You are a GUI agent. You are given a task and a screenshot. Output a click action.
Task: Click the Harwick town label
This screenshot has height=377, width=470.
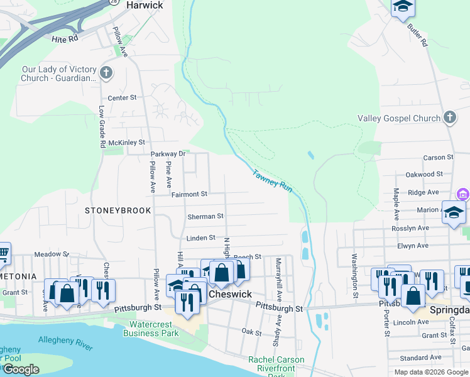pyautogui.click(x=145, y=5)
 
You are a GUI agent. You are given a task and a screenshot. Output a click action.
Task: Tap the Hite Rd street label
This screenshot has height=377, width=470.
pyautogui.click(x=65, y=39)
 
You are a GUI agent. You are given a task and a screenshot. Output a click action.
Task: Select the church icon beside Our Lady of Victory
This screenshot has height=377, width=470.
pyautogui.click(x=106, y=73)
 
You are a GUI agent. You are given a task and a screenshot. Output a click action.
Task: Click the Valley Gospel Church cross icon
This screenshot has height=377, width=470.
pyautogui.click(x=450, y=117)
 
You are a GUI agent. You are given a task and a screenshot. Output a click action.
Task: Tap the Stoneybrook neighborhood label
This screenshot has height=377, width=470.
pyautogui.click(x=118, y=210)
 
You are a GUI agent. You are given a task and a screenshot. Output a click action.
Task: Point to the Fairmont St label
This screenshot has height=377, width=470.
pyautogui.click(x=189, y=194)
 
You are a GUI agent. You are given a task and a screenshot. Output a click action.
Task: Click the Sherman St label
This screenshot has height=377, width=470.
pyautogui.click(x=205, y=216)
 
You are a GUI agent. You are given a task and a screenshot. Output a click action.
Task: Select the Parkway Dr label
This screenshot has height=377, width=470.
pyautogui.click(x=168, y=154)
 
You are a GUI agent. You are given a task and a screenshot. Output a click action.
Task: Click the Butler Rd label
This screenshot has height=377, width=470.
pyautogui.click(x=417, y=35)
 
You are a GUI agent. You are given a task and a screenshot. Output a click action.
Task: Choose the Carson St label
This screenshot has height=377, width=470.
pyautogui.click(x=438, y=157)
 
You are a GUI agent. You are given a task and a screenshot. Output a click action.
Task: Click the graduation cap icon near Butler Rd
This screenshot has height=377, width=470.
pyautogui.click(x=402, y=8)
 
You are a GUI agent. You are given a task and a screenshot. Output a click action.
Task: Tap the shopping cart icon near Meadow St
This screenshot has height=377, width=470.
pyautogui.click(x=3, y=254)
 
